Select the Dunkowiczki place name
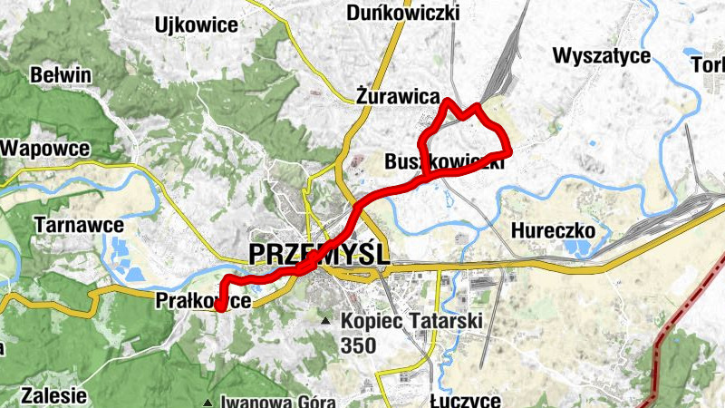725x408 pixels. pyautogui.click(x=403, y=13)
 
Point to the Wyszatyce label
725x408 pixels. pyautogui.click(x=602, y=56)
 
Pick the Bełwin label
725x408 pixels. pyautogui.click(x=61, y=74)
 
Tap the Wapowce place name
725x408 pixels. pyautogui.click(x=45, y=147)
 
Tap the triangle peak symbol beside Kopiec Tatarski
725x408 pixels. pyautogui.click(x=325, y=321)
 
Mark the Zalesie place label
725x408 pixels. pyautogui.click(x=53, y=395)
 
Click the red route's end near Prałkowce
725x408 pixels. pyautogui.click(x=218, y=309)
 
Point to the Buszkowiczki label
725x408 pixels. pyautogui.click(x=444, y=163)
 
